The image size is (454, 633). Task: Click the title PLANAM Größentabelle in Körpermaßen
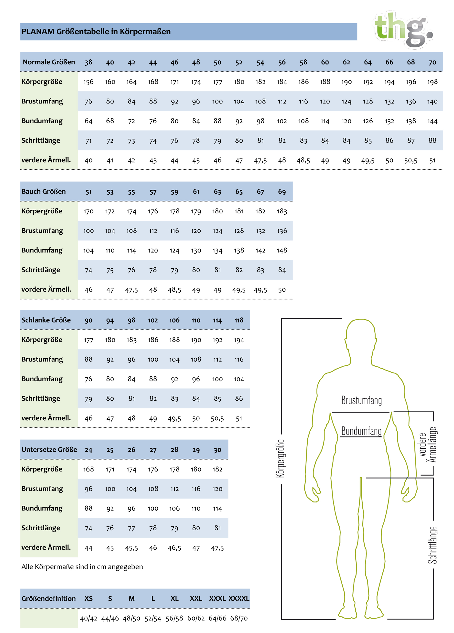(x=96, y=32)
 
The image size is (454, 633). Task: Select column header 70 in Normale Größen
(x=432, y=62)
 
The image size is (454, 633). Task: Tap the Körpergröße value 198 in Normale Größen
(x=432, y=82)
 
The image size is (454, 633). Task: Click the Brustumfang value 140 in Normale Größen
(x=432, y=102)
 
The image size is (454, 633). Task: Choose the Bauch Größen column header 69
(x=281, y=192)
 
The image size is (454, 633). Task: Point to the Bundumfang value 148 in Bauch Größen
(x=281, y=250)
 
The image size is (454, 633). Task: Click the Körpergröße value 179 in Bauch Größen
(x=196, y=211)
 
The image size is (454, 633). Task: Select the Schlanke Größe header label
(x=46, y=320)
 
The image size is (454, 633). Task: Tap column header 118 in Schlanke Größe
(x=239, y=320)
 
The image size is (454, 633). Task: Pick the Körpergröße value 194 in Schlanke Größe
(x=239, y=340)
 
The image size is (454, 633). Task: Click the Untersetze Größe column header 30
(x=217, y=450)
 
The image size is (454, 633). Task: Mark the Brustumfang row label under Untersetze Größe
(x=42, y=489)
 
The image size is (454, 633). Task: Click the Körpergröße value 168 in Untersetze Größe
(x=88, y=469)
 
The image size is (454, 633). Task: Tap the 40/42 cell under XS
(x=88, y=618)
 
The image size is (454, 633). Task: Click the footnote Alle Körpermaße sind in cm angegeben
(x=82, y=567)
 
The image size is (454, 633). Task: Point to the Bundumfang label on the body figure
(x=361, y=431)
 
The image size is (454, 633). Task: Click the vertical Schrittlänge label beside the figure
(x=432, y=545)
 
